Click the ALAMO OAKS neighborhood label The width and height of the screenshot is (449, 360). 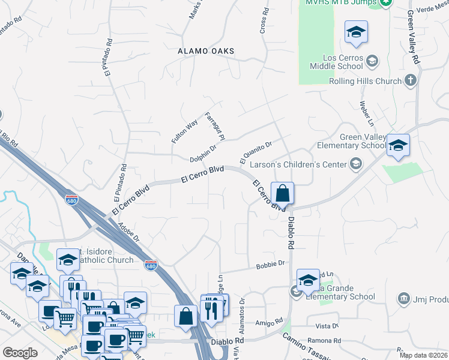click(x=205, y=52)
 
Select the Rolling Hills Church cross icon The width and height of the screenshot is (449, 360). click(x=411, y=80)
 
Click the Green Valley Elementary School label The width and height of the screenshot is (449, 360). click(x=363, y=141)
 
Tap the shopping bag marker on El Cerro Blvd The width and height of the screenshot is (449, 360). click(x=282, y=194)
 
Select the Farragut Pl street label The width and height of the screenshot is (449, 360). click(x=214, y=126)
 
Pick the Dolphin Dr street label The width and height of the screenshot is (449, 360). click(x=203, y=154)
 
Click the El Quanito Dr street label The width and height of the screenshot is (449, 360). click(x=256, y=151)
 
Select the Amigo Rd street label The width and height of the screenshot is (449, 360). click(x=269, y=322)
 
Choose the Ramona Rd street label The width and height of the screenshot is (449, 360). click(x=327, y=341)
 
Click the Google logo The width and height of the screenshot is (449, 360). click(x=20, y=353)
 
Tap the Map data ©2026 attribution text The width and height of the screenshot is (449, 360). click(x=423, y=355)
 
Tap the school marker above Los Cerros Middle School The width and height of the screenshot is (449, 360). click(x=356, y=32)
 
